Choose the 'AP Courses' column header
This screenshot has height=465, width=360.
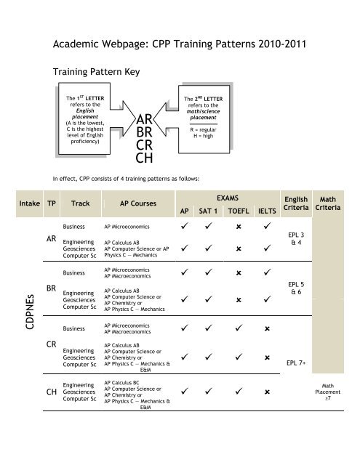coord(129,204)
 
